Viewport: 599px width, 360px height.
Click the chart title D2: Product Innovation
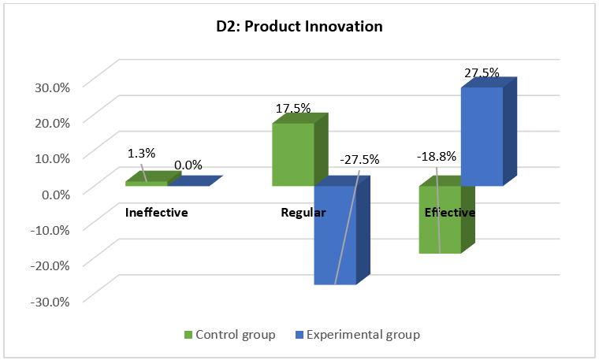299,26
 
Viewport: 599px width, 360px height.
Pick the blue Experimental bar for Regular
342,230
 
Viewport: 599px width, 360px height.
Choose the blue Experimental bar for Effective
489,132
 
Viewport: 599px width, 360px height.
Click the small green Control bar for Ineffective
153,179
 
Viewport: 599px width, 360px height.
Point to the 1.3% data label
141,154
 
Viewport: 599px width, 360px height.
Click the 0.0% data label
188,165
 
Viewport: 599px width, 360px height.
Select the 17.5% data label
293,109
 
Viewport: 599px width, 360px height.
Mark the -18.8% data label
437,156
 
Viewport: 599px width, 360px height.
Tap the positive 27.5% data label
482,72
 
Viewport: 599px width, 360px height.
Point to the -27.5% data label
359,159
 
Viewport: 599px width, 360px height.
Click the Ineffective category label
157,212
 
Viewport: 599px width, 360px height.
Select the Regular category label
303,213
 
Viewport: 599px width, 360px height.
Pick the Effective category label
450,212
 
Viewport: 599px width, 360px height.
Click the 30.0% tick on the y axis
52,87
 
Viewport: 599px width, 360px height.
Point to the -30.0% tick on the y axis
50,302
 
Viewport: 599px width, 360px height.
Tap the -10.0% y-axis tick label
50,230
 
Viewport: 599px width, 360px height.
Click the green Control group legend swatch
188,335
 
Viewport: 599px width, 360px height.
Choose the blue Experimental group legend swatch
299,335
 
